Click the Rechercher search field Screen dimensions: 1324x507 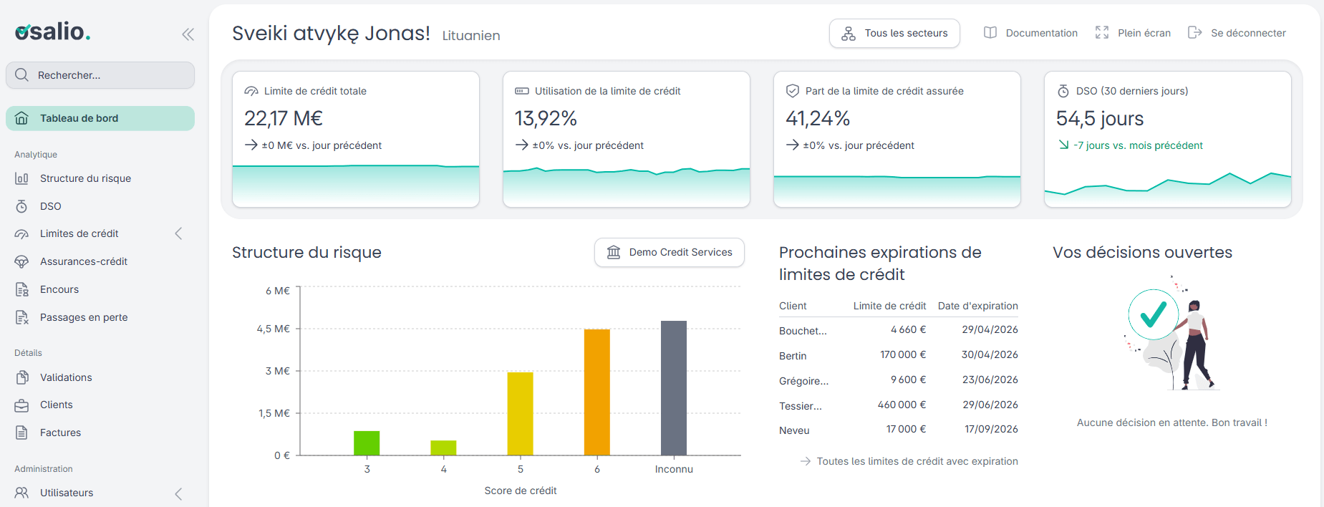coord(100,75)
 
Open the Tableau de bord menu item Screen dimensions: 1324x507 coord(100,118)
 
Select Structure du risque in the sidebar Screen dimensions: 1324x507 coord(85,178)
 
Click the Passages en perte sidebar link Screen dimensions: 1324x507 coord(84,317)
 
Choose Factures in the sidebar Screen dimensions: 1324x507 coord(60,433)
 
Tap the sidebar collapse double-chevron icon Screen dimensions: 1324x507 coord(188,34)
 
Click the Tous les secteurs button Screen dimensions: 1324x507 coord(894,34)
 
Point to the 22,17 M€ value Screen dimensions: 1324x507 coord(284,118)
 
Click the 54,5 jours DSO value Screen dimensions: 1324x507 coord(1100,118)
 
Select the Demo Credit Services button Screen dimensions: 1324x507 coord(670,252)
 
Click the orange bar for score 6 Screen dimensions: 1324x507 coord(597,392)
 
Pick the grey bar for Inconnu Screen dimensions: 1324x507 coord(674,388)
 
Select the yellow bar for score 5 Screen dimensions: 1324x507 coord(521,414)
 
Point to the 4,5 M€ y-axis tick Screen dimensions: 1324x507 coord(274,329)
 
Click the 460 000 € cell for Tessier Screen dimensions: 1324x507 coord(902,405)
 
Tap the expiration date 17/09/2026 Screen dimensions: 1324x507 coord(991,429)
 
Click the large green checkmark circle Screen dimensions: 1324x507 coord(1154,314)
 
